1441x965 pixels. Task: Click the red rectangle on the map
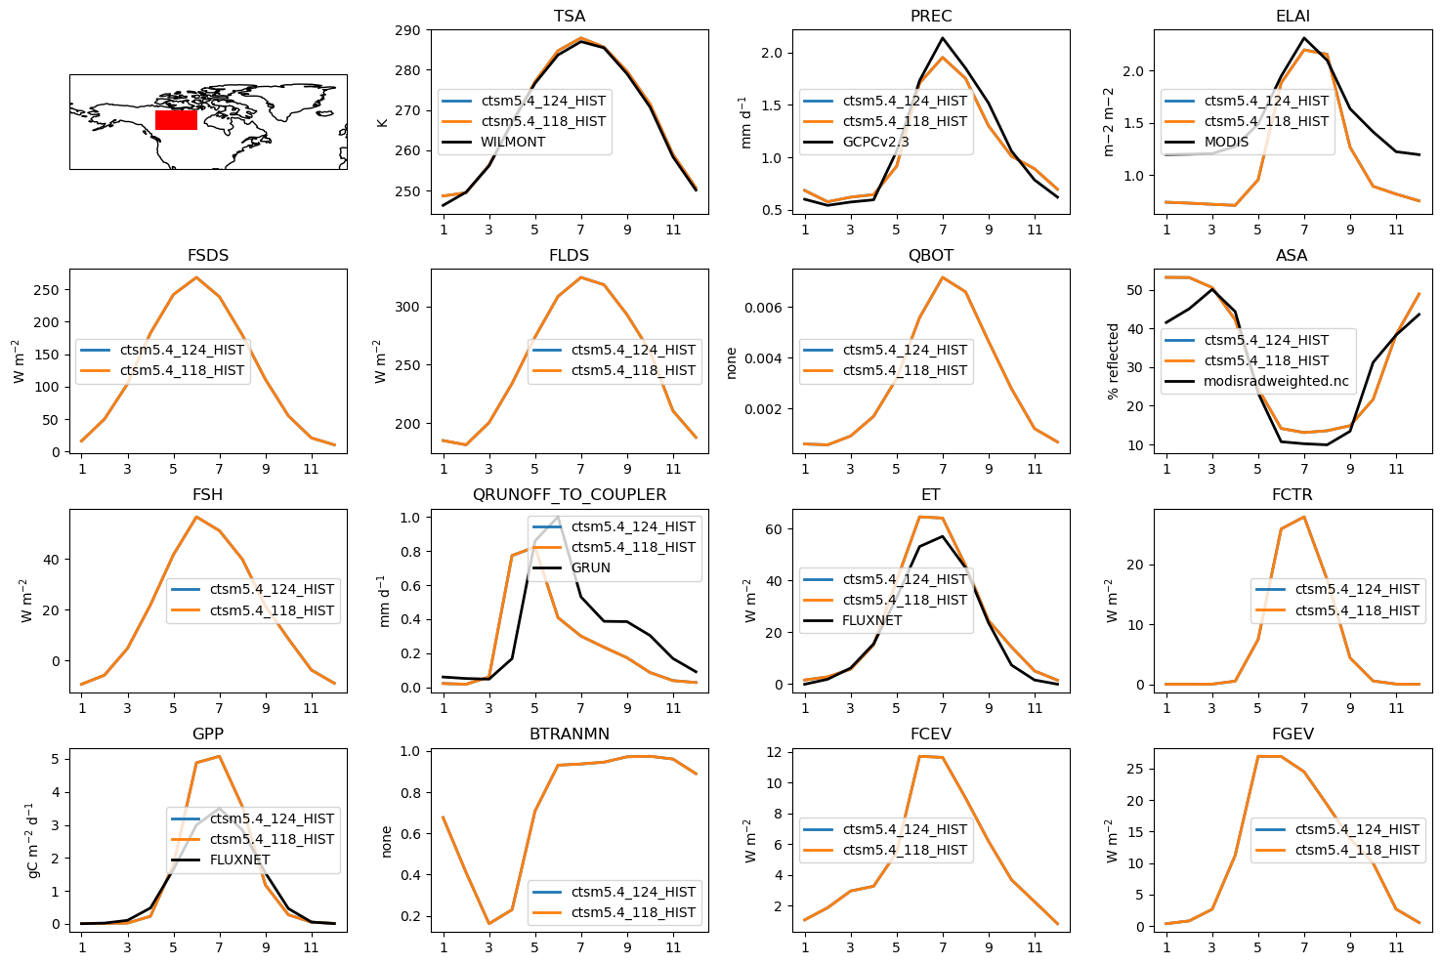click(x=176, y=120)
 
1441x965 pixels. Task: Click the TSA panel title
click(x=570, y=17)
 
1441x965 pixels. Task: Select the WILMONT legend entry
click(x=513, y=142)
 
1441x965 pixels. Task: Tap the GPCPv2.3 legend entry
click(x=875, y=142)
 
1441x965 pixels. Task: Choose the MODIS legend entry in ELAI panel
click(x=1226, y=142)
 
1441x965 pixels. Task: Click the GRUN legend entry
click(x=590, y=567)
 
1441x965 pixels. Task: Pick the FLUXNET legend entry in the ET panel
click(x=872, y=620)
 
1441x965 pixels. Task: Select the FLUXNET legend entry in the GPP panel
click(x=239, y=860)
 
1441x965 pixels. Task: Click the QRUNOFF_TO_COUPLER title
click(x=570, y=495)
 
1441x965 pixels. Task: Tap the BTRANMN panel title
click(x=570, y=734)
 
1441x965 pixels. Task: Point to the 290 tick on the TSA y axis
click(x=408, y=30)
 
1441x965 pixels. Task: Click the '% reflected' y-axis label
click(x=1113, y=361)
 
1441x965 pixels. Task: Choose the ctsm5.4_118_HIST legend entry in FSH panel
click(x=272, y=610)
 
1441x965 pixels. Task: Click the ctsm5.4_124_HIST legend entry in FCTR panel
click(x=1356, y=589)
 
